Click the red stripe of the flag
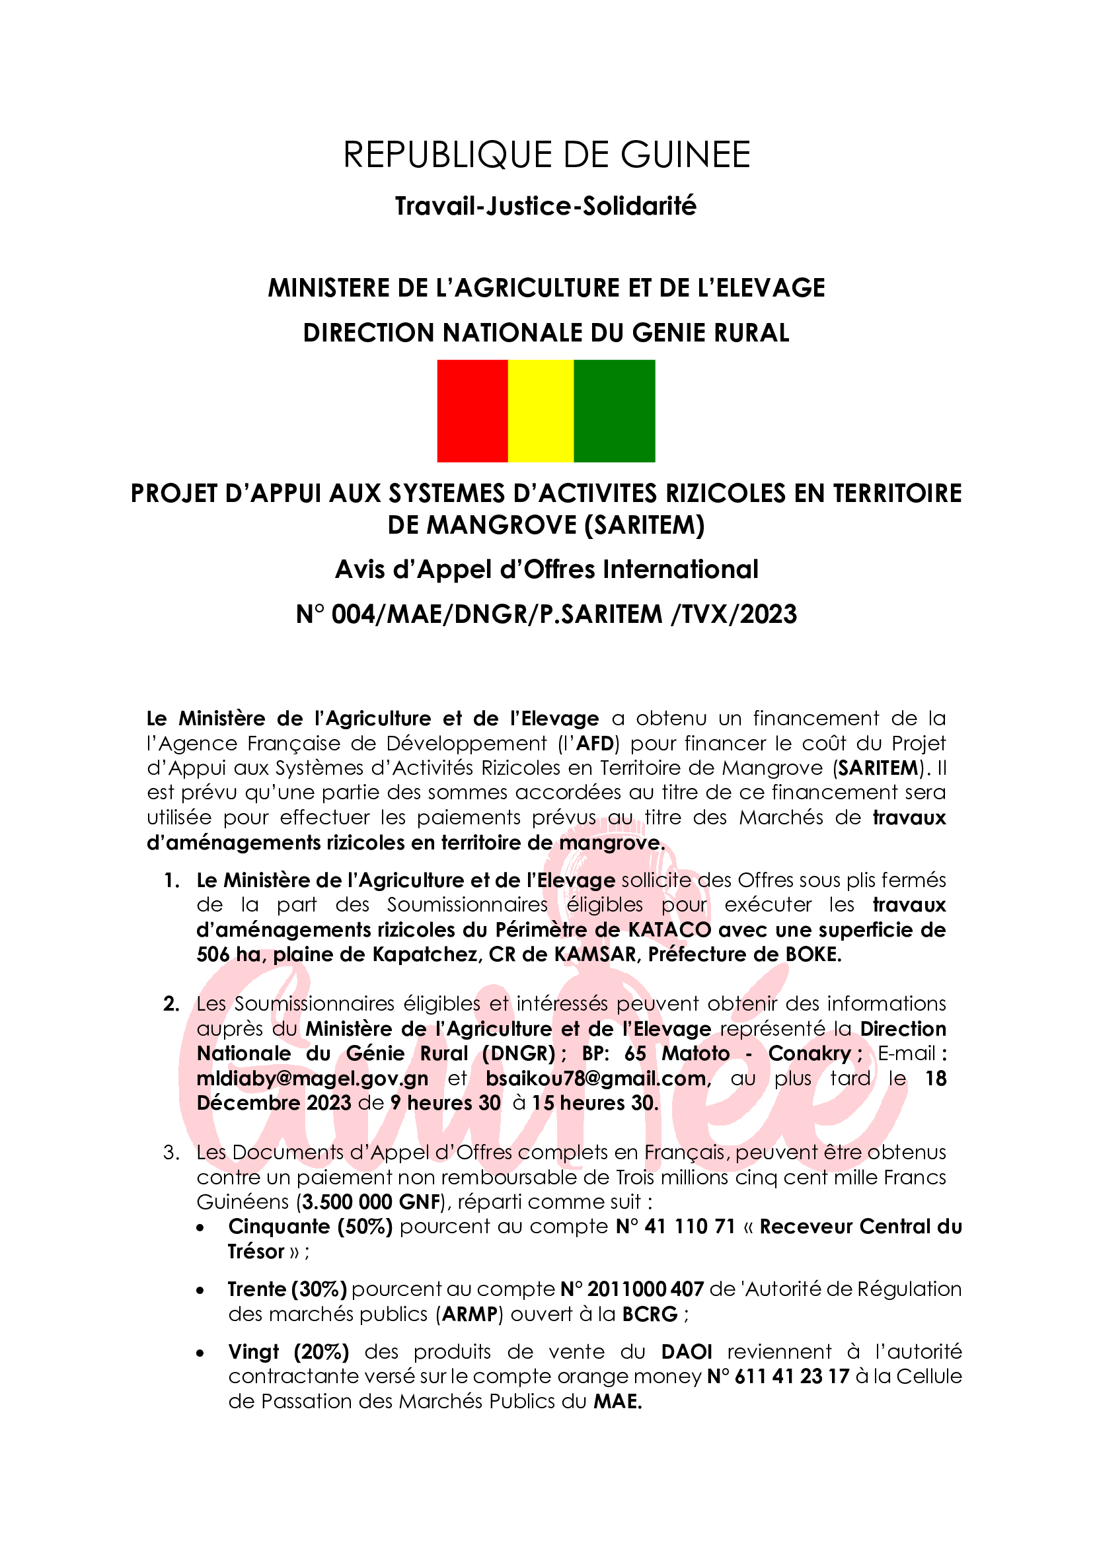point(472,410)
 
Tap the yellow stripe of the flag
point(541,410)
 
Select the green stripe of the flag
point(614,410)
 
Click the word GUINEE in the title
point(685,155)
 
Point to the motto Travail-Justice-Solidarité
point(546,206)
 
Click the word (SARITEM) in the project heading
point(644,525)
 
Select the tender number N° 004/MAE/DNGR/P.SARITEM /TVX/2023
point(546,614)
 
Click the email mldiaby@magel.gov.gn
point(313,1078)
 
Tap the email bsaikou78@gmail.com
point(596,1078)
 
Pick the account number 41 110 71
point(689,1226)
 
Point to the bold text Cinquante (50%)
point(311,1226)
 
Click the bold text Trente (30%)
point(287,1289)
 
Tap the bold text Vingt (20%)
point(288,1351)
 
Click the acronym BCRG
point(650,1314)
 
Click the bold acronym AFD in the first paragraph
point(594,744)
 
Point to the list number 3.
point(171,1153)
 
